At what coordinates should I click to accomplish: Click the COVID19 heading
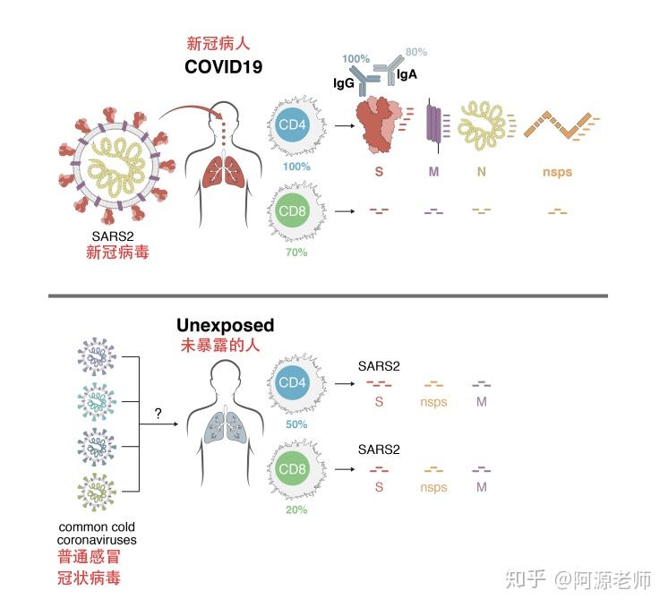223,67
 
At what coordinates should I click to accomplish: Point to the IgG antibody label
343,83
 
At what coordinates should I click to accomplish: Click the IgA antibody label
407,74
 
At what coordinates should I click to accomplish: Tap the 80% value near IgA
416,52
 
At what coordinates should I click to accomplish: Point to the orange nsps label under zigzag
557,172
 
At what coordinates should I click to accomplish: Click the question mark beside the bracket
158,413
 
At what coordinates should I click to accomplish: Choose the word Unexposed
226,325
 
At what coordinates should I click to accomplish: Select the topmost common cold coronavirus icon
97,356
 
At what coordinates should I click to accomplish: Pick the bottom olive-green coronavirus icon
97,492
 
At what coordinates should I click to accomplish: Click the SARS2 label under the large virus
113,236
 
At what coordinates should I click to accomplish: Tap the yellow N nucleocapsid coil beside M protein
482,125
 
